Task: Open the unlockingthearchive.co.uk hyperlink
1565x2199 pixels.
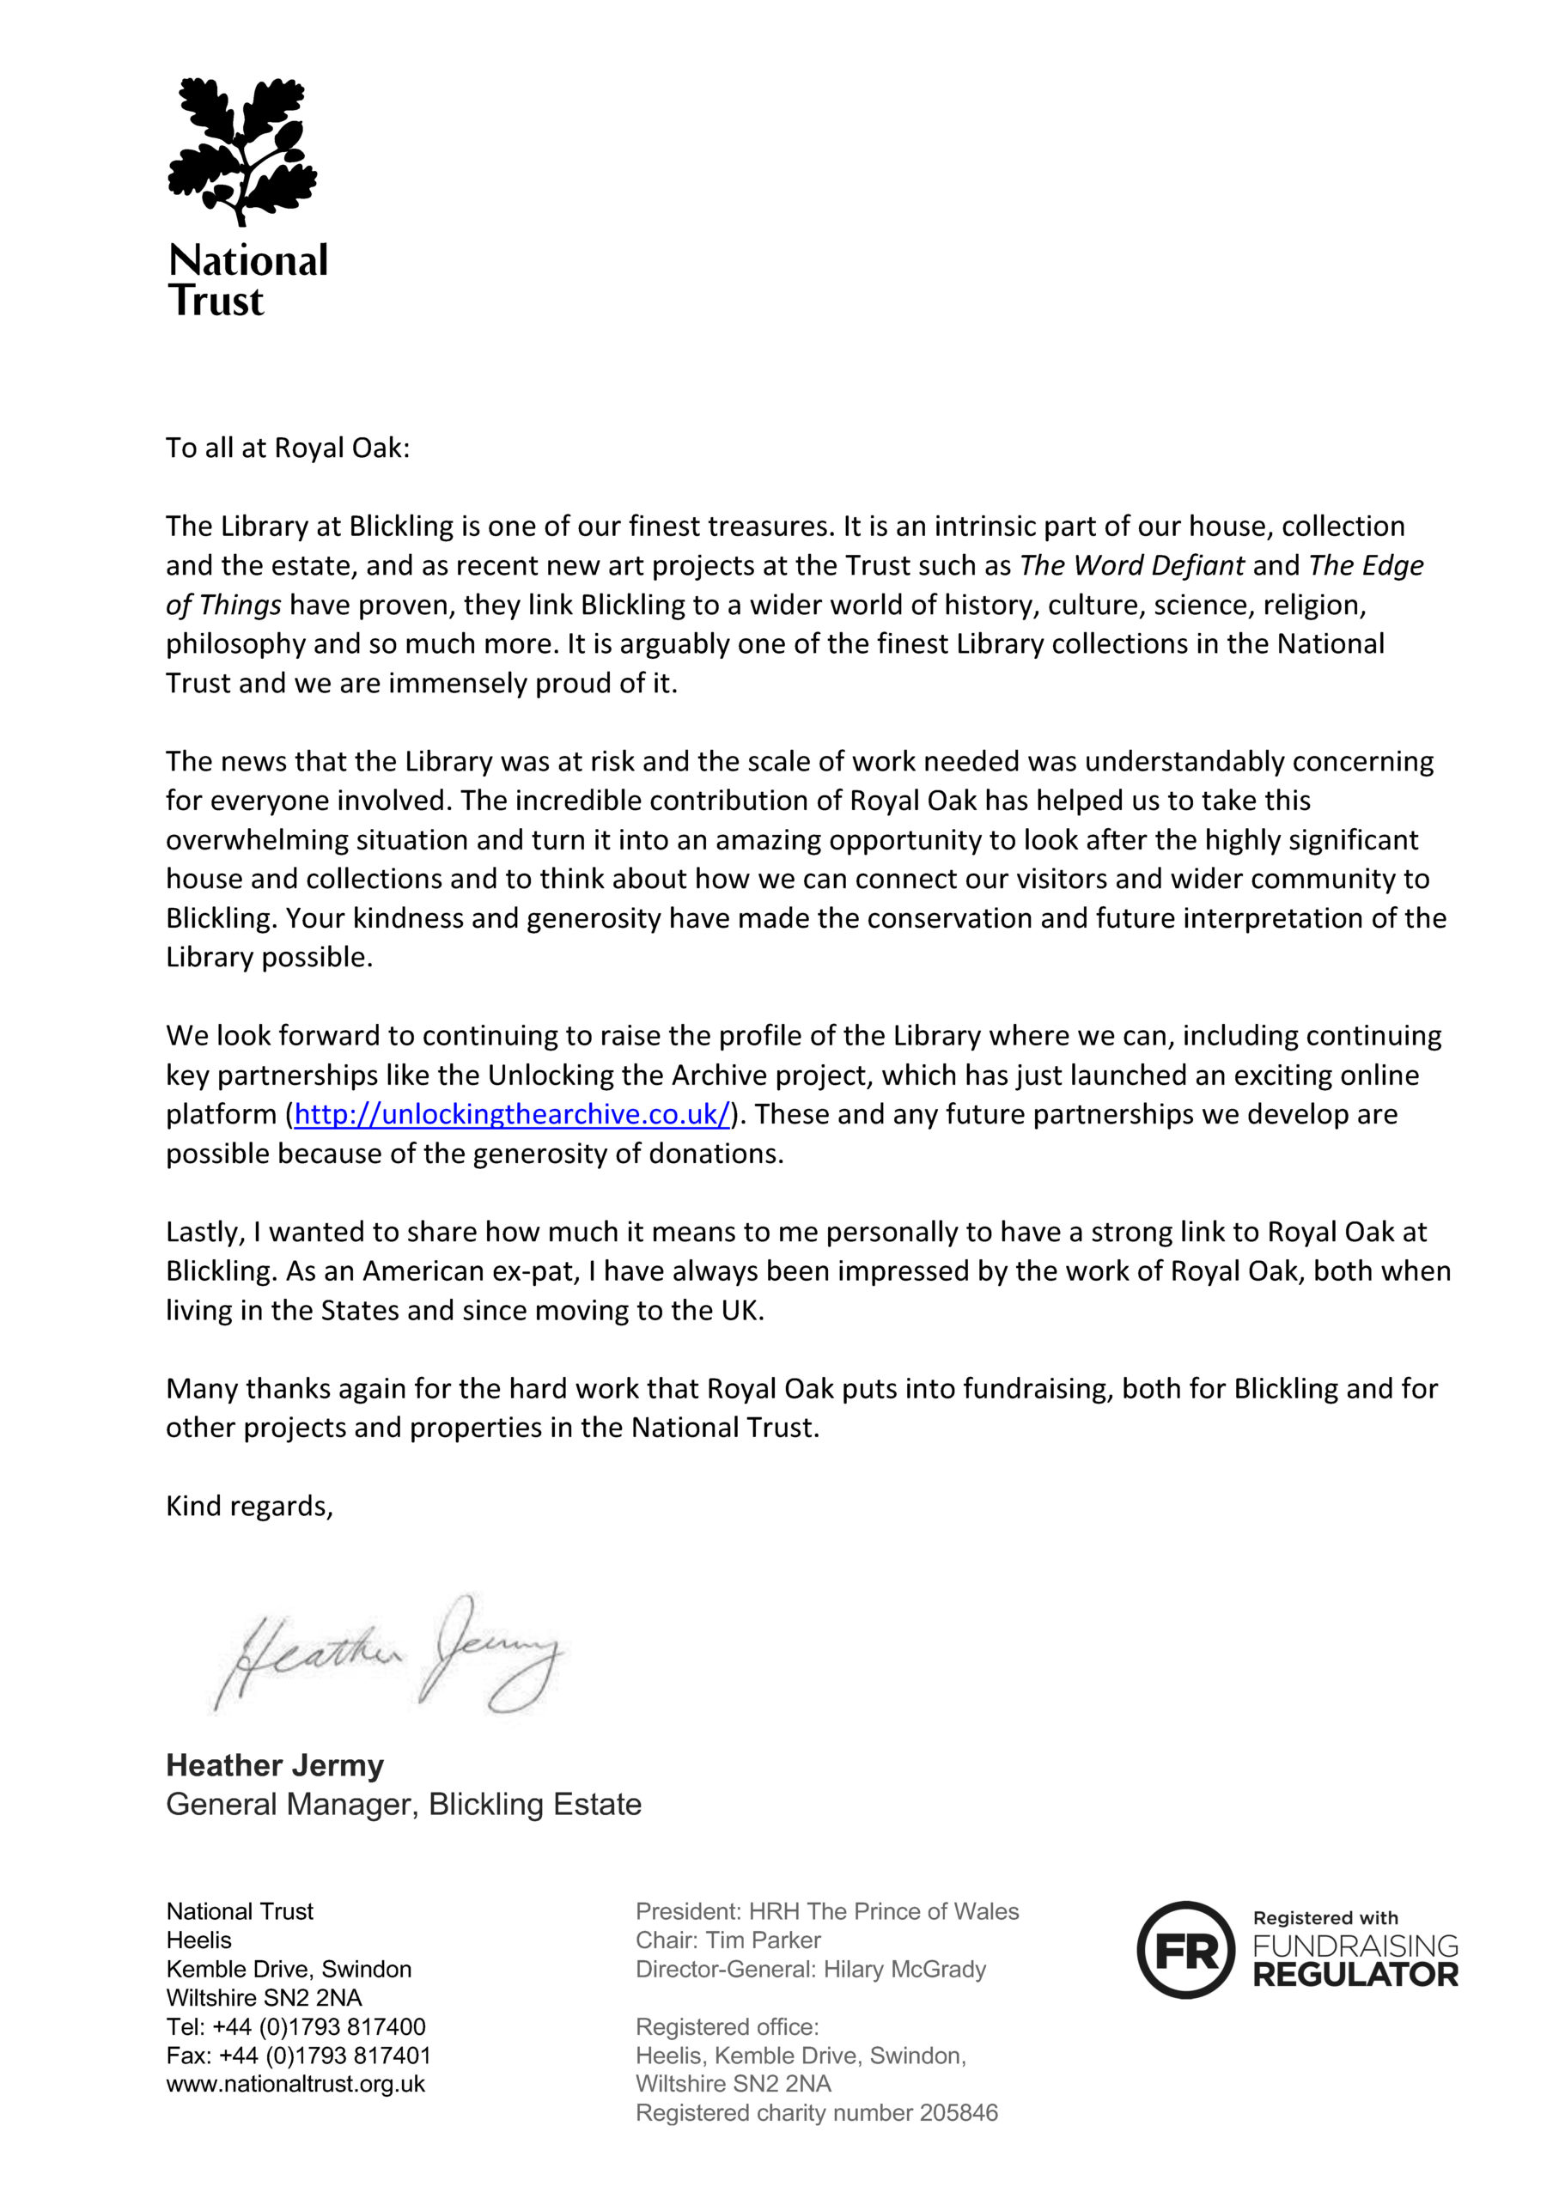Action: point(512,1115)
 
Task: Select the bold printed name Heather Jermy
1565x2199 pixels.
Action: point(275,1765)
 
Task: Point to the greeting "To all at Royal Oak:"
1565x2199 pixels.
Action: point(287,448)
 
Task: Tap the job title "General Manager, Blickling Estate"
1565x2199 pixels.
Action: point(403,1805)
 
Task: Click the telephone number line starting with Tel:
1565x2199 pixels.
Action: point(295,2026)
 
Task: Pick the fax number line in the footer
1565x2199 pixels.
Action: point(298,2056)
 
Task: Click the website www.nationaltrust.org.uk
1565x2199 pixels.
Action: point(295,2085)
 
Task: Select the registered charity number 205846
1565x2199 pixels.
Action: point(958,2113)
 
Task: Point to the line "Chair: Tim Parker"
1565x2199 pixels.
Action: point(728,1940)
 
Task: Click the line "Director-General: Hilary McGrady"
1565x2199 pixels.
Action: point(811,1969)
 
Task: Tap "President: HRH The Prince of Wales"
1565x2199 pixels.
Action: point(827,1911)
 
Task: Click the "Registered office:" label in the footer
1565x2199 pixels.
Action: point(727,2026)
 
